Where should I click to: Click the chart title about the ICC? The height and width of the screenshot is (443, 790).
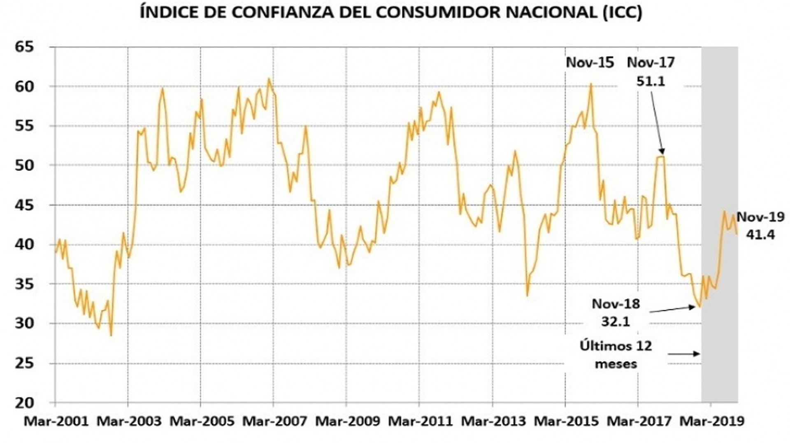click(x=391, y=12)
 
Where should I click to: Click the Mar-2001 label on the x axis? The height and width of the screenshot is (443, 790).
click(x=56, y=422)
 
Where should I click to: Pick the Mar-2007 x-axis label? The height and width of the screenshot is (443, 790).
click(x=274, y=422)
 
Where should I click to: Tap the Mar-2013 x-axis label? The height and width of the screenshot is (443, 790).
click(x=493, y=422)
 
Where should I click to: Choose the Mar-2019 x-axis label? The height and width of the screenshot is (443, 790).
click(x=711, y=422)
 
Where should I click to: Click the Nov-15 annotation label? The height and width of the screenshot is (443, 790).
click(x=590, y=63)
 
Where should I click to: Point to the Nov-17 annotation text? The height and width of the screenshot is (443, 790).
click(x=651, y=63)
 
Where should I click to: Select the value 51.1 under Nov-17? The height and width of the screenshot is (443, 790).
click(x=651, y=81)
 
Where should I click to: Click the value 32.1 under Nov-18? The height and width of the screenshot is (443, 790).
click(x=616, y=321)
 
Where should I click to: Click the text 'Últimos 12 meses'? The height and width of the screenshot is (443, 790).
click(x=616, y=354)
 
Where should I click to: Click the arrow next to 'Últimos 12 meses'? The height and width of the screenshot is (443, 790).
click(x=683, y=354)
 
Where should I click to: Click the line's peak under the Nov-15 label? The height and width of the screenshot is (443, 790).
click(x=591, y=84)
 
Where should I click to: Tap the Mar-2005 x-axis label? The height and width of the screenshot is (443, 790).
click(x=202, y=422)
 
